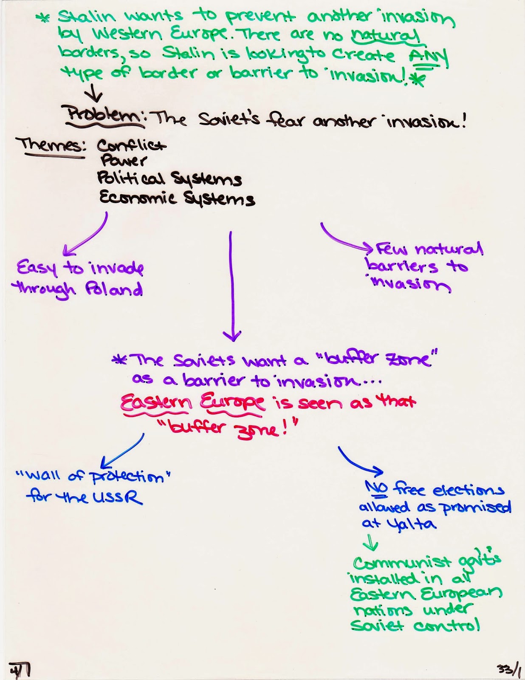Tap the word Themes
coord(51,146)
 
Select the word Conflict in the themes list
coord(132,146)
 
